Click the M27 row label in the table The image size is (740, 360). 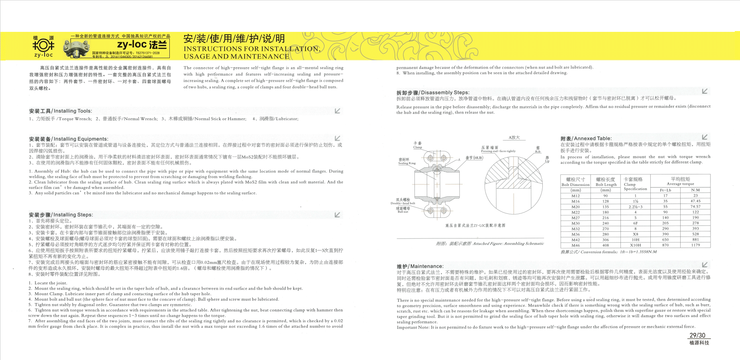click(x=575, y=218)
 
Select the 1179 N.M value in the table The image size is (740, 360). click(x=695, y=245)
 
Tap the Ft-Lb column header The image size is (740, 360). click(x=665, y=190)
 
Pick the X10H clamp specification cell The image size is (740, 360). click(x=635, y=245)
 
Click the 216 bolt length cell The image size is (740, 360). click(x=606, y=218)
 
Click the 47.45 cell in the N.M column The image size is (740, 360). click(x=695, y=201)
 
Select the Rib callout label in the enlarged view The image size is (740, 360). click(x=538, y=149)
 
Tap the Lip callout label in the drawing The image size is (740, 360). click(x=547, y=159)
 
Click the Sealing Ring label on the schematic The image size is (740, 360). click(x=406, y=161)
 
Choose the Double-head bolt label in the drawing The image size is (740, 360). click(x=403, y=201)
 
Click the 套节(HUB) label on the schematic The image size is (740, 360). click(x=474, y=158)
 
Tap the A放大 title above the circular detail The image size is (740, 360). click(x=514, y=137)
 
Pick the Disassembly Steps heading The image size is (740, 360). click(x=433, y=92)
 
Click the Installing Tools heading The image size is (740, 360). click(x=60, y=111)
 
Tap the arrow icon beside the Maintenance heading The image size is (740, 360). click(x=705, y=265)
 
